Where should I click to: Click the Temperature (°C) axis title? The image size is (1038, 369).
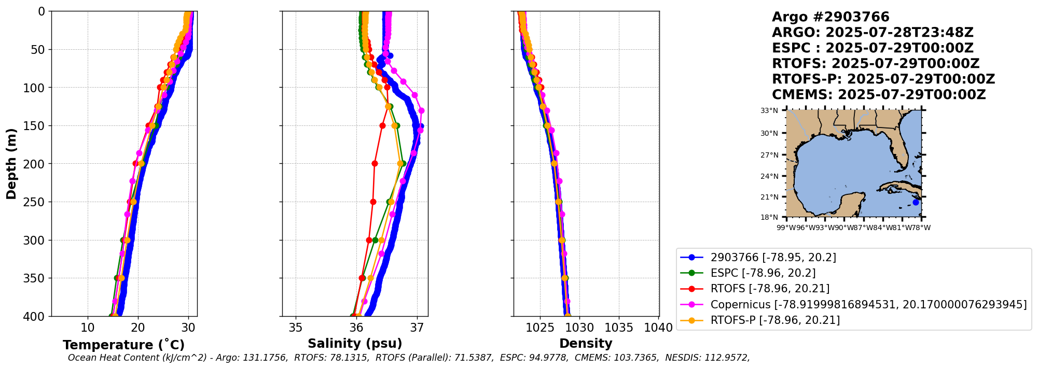123,345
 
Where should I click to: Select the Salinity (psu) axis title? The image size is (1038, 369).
355,344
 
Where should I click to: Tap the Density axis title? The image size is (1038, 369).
586,344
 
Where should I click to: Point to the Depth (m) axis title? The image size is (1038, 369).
11,164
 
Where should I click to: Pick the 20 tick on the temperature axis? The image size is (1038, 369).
138,328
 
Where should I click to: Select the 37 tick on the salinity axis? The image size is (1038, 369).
417,328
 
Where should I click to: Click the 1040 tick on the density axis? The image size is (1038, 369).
658,328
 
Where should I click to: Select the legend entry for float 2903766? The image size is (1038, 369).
758,258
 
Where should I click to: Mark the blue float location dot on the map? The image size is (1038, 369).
916,202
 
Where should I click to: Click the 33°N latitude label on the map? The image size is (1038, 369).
769,110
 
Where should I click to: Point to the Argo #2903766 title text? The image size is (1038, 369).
831,17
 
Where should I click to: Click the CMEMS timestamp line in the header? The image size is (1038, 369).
879,95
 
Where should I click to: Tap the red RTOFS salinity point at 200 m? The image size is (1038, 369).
375,163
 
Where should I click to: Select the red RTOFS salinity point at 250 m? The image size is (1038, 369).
373,202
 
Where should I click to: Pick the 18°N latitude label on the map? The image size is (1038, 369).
769,217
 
